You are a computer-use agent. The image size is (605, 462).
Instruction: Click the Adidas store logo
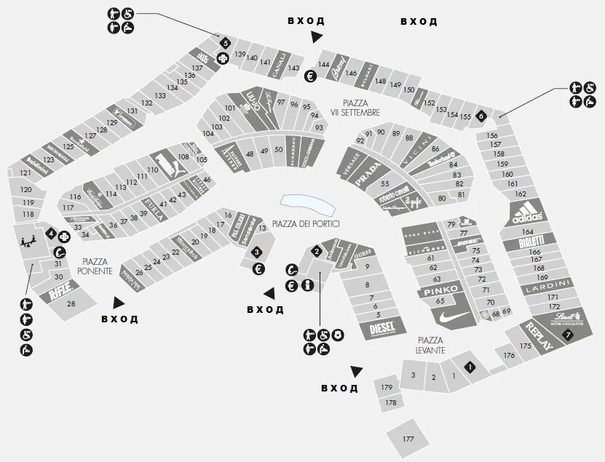[x=528, y=213]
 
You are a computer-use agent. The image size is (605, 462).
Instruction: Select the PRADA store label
[x=368, y=171]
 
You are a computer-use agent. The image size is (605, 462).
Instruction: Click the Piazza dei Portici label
[x=306, y=223]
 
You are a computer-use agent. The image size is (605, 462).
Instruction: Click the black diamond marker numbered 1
[x=470, y=367]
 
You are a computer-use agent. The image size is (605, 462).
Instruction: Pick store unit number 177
[x=408, y=439]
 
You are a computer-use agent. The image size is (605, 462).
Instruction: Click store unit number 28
[x=71, y=303]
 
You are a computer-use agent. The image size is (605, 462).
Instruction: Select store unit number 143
[x=293, y=68]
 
